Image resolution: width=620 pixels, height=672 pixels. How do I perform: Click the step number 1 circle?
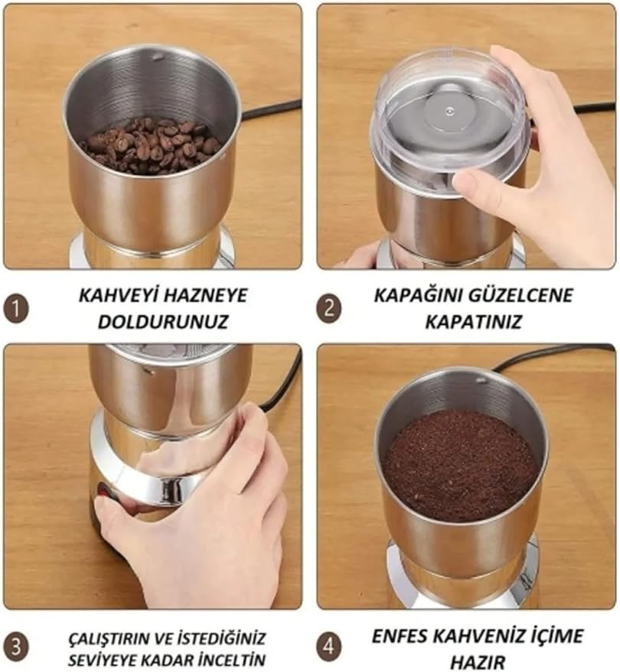(x=16, y=309)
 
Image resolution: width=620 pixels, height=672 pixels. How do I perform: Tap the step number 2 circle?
(x=329, y=309)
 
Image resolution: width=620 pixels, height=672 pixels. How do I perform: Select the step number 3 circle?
(x=16, y=646)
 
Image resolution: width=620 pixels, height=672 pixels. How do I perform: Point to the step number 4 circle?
(x=329, y=646)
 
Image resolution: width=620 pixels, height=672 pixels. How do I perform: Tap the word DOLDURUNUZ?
(x=163, y=321)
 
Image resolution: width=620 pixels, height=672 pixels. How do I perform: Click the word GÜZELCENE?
(x=520, y=296)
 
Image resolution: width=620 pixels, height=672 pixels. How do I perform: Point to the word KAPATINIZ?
(x=473, y=321)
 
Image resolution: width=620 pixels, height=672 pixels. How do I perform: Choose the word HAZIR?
(x=478, y=663)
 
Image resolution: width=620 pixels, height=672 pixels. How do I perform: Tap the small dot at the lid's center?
(x=449, y=112)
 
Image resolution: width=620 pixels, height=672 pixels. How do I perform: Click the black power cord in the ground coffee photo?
(x=553, y=356)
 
